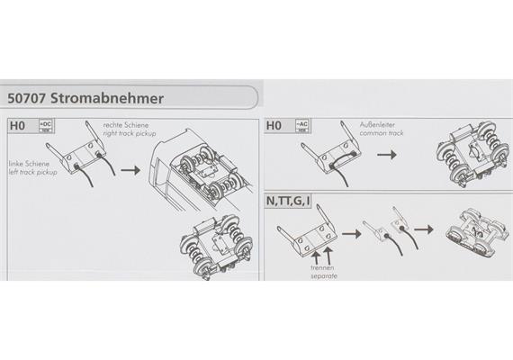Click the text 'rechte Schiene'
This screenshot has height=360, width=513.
click(127, 124)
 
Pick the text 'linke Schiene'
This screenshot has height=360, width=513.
click(28, 163)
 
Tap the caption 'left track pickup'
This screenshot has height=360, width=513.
click(31, 172)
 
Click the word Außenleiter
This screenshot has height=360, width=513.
click(379, 125)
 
